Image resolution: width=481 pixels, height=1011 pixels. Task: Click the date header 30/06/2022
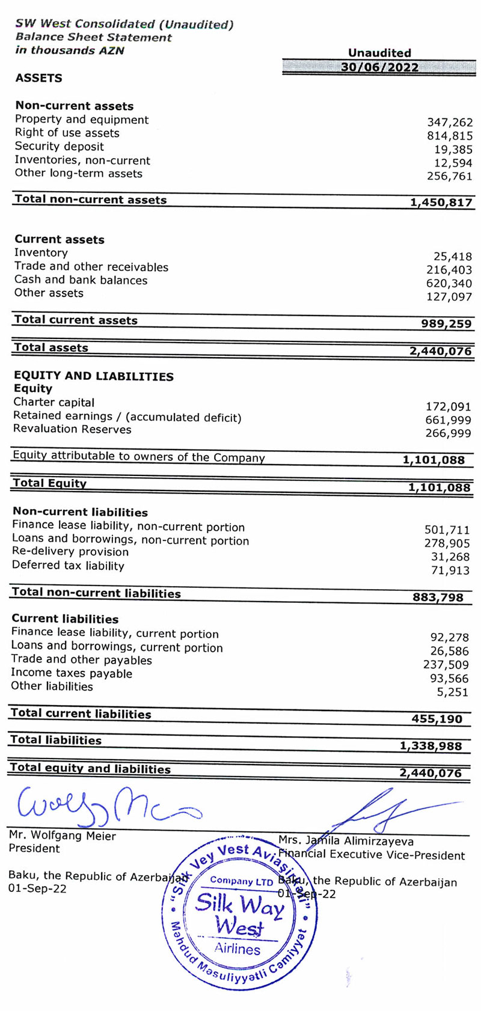click(379, 67)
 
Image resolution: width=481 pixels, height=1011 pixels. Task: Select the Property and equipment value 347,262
click(450, 123)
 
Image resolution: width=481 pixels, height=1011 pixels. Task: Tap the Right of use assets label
click(67, 133)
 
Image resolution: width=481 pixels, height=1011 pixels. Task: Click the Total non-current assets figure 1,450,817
click(441, 203)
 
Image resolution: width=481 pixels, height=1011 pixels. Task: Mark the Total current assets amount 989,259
click(446, 323)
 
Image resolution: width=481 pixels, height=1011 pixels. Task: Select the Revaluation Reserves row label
click(72, 429)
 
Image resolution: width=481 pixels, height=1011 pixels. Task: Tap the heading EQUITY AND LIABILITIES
click(93, 376)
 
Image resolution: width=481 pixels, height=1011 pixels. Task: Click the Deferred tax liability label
click(68, 566)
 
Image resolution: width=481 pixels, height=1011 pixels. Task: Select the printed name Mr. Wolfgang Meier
click(62, 835)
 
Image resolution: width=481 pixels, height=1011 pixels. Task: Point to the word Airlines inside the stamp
click(237, 949)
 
